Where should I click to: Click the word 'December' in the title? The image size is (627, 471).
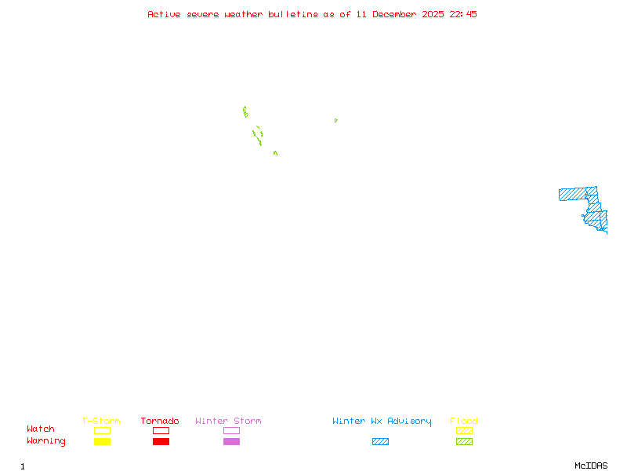pyautogui.click(x=397, y=14)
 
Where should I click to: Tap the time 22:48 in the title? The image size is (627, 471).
pyautogui.click(x=463, y=14)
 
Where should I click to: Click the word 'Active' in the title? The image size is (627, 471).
pyautogui.click(x=165, y=14)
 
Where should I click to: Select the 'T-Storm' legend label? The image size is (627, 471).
pyautogui.click(x=101, y=422)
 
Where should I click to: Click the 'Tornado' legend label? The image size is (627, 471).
pyautogui.click(x=160, y=422)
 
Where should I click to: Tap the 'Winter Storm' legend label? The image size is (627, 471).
pyautogui.click(x=228, y=422)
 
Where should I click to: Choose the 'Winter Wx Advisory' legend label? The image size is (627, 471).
pyautogui.click(x=382, y=422)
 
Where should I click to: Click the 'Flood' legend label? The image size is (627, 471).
pyautogui.click(x=464, y=422)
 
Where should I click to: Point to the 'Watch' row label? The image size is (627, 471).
pyautogui.click(x=41, y=429)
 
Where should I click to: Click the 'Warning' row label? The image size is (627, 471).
pyautogui.click(x=46, y=441)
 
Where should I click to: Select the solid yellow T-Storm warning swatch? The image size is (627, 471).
pyautogui.click(x=102, y=442)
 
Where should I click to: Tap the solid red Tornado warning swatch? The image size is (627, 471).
pyautogui.click(x=161, y=442)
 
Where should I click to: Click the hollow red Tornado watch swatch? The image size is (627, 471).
pyautogui.click(x=161, y=430)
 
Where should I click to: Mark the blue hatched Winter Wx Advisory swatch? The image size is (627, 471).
pyautogui.click(x=380, y=442)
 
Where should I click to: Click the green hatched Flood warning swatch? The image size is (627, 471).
pyautogui.click(x=464, y=442)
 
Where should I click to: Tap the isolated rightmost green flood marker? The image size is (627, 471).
pyautogui.click(x=335, y=120)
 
